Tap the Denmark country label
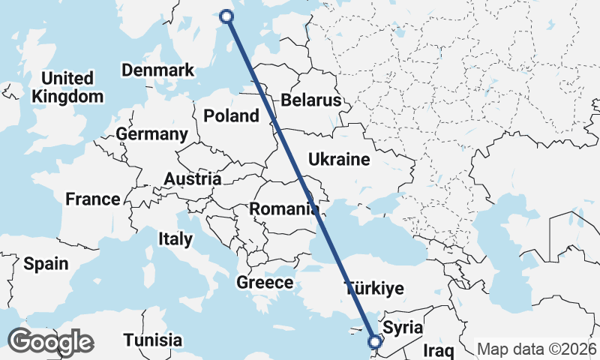(x=157, y=70)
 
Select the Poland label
(x=231, y=115)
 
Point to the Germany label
(x=151, y=134)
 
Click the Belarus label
(x=310, y=100)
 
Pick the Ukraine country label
(x=339, y=159)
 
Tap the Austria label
(x=193, y=179)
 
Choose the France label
(x=92, y=199)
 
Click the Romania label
(x=283, y=208)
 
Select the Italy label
(x=175, y=239)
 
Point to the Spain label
(x=46, y=263)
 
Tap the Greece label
(x=265, y=283)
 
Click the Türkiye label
(x=373, y=288)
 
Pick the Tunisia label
(x=153, y=339)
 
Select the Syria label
(x=403, y=328)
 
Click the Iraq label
(x=439, y=350)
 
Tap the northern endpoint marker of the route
(x=227, y=15)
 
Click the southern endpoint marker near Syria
(x=375, y=342)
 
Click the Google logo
(x=50, y=342)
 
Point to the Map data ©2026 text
(x=537, y=349)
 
